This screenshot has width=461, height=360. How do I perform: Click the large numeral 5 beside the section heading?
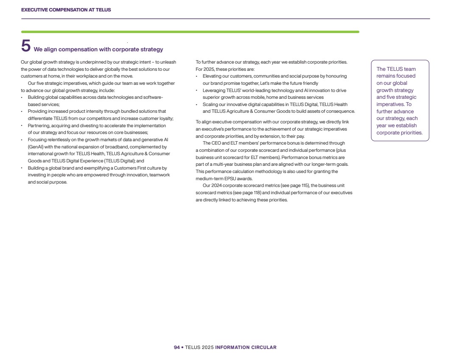click(26, 46)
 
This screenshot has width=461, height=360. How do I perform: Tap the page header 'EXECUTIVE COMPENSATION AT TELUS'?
click(66, 10)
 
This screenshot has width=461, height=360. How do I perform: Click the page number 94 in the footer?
click(177, 347)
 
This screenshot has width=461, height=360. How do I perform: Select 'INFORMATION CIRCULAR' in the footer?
click(246, 347)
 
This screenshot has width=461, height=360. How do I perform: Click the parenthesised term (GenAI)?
click(36, 147)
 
